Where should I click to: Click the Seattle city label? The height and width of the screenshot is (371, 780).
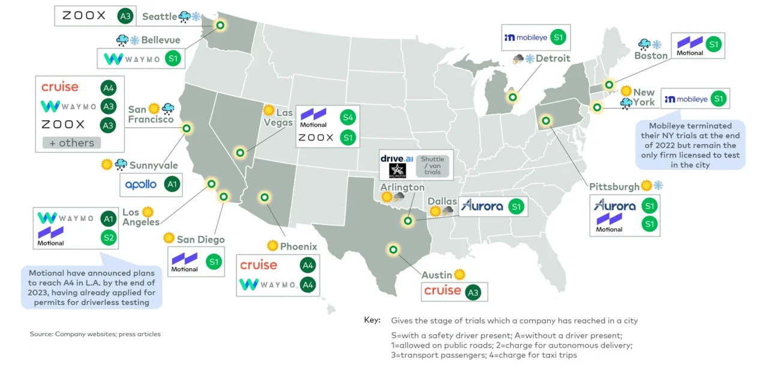(x=160, y=17)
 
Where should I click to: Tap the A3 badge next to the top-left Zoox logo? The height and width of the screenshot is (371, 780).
(x=125, y=16)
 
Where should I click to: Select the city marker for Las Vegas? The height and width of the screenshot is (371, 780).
(x=240, y=153)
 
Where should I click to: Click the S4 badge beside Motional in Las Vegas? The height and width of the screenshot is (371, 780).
(x=347, y=118)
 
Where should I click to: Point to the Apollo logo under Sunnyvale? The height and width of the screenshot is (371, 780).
(x=140, y=185)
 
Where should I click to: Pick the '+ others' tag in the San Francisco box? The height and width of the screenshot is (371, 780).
(x=72, y=143)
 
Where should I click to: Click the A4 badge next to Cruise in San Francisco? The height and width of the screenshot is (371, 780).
(x=108, y=88)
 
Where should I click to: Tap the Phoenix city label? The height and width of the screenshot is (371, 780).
(x=298, y=246)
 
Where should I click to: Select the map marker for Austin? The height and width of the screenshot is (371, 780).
(x=393, y=250)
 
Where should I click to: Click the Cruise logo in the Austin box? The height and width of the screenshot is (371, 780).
(x=443, y=291)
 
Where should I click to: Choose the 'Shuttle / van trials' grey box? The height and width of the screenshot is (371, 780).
(x=433, y=165)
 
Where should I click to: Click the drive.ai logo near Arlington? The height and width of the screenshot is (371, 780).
(x=397, y=159)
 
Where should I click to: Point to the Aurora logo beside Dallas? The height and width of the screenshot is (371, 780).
(x=482, y=206)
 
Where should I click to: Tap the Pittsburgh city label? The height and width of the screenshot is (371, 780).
(x=614, y=187)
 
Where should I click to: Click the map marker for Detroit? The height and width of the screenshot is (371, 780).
(x=512, y=97)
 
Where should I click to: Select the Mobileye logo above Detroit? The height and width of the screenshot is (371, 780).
(x=526, y=37)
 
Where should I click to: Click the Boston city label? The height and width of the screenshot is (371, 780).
(x=651, y=56)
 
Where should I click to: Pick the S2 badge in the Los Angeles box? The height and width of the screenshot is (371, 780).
(x=108, y=238)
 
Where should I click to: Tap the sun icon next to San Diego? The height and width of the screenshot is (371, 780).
(x=169, y=238)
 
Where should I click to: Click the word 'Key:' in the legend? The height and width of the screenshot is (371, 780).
(x=372, y=320)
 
